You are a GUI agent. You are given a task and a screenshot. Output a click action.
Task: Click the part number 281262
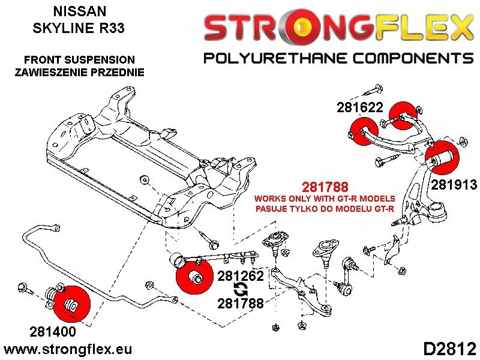pos(240,277)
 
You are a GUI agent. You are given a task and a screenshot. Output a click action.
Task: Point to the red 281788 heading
pos(325,187)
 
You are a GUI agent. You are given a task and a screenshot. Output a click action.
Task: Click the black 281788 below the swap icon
pos(240,304)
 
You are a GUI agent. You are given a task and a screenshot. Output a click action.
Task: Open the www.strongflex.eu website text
pos(68,349)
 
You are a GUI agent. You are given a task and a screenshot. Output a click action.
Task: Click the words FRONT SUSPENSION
pos(79,60)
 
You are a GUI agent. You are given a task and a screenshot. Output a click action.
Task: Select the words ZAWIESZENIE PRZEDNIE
pos(79,73)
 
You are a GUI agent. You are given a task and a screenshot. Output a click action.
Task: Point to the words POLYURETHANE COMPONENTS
pos(335,58)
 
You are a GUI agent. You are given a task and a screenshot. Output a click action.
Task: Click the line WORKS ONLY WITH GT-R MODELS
pos(325,199)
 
